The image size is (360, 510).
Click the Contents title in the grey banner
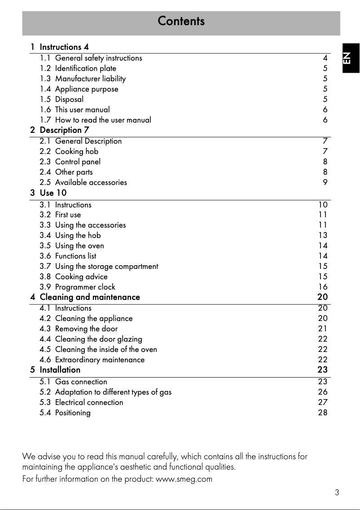click(x=181, y=21)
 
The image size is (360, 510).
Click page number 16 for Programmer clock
click(x=322, y=287)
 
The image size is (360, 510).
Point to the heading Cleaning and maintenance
click(x=90, y=297)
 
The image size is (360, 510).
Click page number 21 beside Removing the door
click(x=322, y=329)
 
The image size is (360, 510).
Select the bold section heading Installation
click(x=60, y=370)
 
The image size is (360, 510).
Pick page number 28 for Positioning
click(x=322, y=413)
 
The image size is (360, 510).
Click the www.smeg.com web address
click(x=184, y=479)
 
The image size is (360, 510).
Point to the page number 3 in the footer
click(x=337, y=492)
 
